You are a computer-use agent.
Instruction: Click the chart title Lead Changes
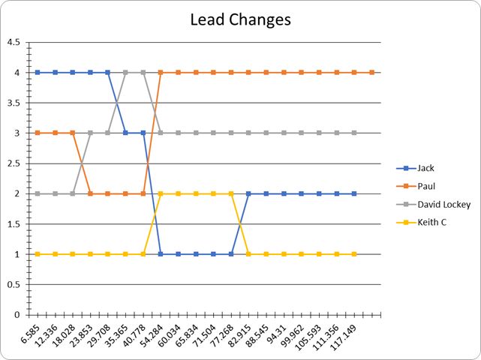click(240, 20)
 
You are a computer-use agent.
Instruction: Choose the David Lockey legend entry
click(434, 204)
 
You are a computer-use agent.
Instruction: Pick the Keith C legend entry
click(422, 222)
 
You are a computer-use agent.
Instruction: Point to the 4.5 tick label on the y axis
click(14, 42)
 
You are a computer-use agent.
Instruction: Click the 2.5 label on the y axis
click(14, 163)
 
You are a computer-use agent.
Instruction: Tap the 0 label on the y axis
click(17, 315)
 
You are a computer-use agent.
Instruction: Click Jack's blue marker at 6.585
click(38, 72)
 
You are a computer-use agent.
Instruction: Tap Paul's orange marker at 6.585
click(38, 133)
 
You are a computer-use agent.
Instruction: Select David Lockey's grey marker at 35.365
click(125, 72)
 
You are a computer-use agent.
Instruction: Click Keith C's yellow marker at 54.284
click(161, 193)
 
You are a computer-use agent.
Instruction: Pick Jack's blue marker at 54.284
click(161, 254)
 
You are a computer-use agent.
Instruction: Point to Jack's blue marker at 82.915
click(248, 193)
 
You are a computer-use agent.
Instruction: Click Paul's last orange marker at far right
click(371, 72)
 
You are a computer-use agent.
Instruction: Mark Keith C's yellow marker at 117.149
click(354, 254)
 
